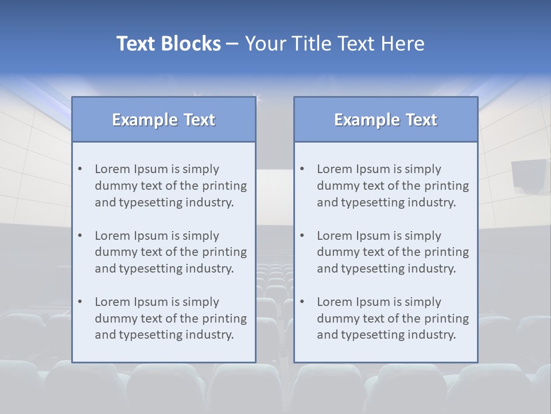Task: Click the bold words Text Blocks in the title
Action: pyautogui.click(x=168, y=44)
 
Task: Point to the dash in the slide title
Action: pyautogui.click(x=232, y=44)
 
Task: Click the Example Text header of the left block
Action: pyautogui.click(x=164, y=120)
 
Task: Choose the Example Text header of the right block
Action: pyautogui.click(x=386, y=120)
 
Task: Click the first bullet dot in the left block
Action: pyautogui.click(x=80, y=169)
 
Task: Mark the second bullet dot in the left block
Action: pyautogui.click(x=80, y=236)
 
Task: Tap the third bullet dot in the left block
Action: pyautogui.click(x=80, y=302)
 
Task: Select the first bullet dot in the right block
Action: pyautogui.click(x=302, y=169)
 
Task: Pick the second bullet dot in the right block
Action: pyautogui.click(x=302, y=236)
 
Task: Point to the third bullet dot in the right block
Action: pyautogui.click(x=302, y=302)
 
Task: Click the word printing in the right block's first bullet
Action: pyautogui.click(x=446, y=186)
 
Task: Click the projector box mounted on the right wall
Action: pyautogui.click(x=526, y=175)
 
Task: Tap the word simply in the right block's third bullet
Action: pyautogui.click(x=422, y=302)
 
